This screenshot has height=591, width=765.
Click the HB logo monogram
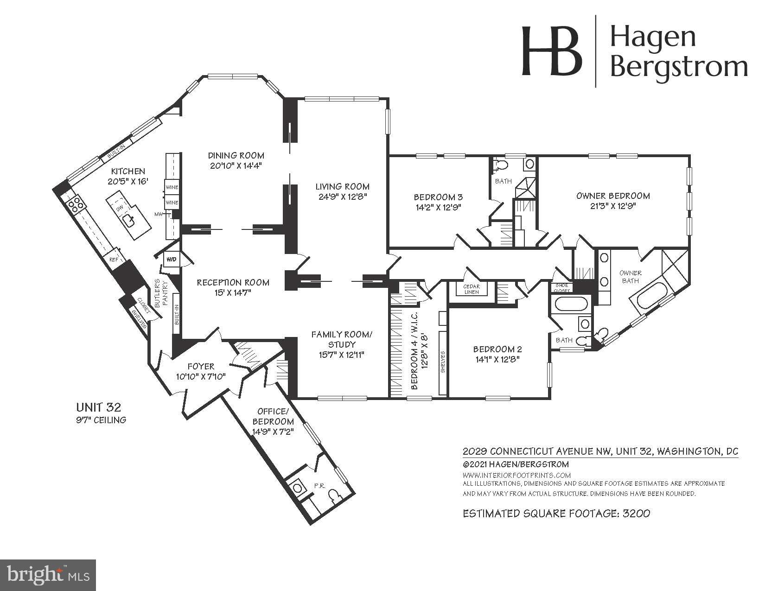tap(551, 51)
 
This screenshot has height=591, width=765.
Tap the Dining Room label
tap(236, 155)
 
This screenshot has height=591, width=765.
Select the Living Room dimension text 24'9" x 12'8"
tap(343, 197)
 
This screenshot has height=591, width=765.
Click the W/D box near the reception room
tap(172, 260)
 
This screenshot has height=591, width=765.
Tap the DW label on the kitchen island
tap(120, 209)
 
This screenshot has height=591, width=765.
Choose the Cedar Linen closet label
tap(472, 289)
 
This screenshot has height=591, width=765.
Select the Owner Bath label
tap(630, 277)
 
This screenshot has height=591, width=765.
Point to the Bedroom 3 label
tap(438, 197)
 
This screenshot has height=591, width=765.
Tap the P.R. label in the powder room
tap(319, 486)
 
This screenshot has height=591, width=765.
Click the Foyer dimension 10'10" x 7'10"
tap(201, 377)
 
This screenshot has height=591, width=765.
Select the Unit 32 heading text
tap(99, 407)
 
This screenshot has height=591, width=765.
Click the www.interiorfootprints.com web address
tap(516, 475)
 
